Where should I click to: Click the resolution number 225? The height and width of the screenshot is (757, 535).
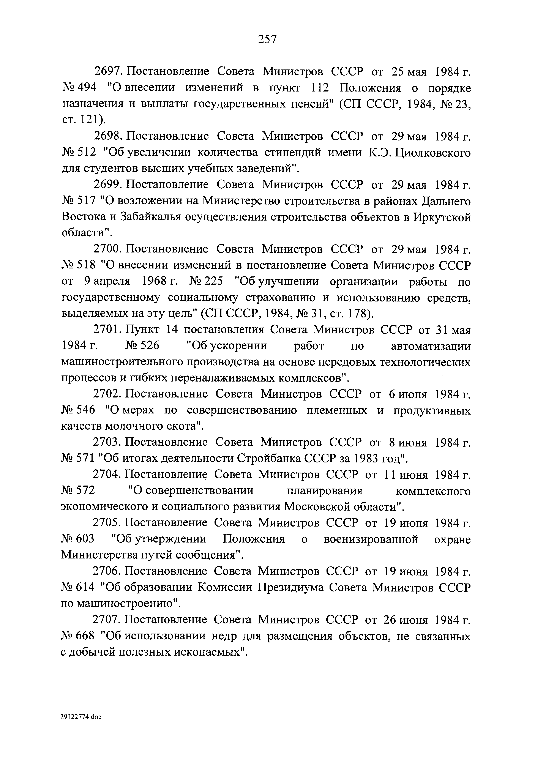214,281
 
